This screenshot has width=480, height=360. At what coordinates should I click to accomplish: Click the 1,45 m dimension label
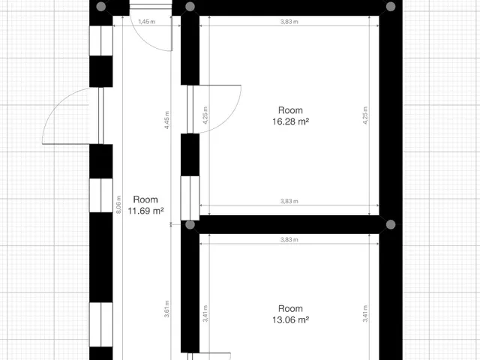coord(147,22)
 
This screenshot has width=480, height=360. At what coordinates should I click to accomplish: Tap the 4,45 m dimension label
coord(166,120)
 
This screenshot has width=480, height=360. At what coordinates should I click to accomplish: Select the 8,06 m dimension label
coord(118,204)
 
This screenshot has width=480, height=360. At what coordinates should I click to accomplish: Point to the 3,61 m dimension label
coord(166,309)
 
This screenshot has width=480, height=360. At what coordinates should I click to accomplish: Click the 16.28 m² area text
coord(290,121)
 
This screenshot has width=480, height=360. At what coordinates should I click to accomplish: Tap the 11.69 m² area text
coord(145,211)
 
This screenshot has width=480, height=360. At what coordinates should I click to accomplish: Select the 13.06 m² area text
coord(290,320)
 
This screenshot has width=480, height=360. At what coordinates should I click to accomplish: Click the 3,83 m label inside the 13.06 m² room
coord(289,240)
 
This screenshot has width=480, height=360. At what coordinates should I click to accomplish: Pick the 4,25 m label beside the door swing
coord(205,115)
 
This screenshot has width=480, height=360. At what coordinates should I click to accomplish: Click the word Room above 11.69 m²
coord(145,199)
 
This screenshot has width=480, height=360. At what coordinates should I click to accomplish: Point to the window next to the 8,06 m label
coord(101,195)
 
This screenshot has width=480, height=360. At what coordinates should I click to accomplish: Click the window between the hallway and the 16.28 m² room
coord(190,198)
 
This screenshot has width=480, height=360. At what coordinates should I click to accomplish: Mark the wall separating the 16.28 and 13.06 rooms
coord(289,225)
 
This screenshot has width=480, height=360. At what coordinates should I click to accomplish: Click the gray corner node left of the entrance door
coord(101,7)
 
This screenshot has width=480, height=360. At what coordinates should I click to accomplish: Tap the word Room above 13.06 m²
coord(290,308)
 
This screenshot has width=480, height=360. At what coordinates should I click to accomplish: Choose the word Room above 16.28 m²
coord(290,110)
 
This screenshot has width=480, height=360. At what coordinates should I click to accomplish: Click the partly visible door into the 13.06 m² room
coord(208,356)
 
